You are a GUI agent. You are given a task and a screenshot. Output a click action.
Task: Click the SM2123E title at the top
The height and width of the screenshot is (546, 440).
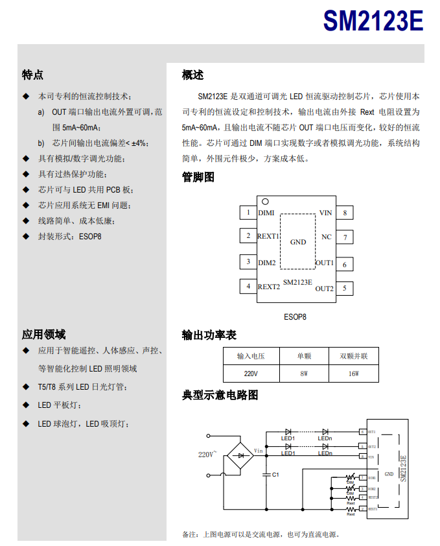373,22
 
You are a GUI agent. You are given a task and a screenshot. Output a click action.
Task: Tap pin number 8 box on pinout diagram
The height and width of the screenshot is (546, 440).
345,212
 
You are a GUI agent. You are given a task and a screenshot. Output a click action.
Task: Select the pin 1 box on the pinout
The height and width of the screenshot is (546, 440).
248,212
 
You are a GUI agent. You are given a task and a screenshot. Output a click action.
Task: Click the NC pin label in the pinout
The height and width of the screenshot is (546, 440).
326,237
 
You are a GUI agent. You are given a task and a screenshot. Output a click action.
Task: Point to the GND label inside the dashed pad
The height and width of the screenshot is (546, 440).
298,242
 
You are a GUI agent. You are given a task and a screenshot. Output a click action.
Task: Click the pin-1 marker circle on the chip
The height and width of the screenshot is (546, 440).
265,202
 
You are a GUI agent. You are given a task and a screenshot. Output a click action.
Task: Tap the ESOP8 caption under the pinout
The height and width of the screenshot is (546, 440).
295,317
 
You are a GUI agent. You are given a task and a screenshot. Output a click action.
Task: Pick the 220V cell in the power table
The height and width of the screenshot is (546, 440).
251,374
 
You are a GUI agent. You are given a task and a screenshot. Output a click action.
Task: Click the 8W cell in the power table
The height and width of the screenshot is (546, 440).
304,374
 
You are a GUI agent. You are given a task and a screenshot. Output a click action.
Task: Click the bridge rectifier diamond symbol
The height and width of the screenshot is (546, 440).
242,455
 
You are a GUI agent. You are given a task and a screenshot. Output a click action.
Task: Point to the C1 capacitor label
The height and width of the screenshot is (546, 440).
275,475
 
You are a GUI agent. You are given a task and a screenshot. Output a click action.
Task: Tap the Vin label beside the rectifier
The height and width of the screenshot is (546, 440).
258,450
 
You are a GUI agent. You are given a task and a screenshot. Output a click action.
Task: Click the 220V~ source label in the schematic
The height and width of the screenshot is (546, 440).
207,455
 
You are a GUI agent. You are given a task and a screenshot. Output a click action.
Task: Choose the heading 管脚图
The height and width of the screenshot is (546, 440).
198,177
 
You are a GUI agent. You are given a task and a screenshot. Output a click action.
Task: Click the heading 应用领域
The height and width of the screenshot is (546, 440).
43,335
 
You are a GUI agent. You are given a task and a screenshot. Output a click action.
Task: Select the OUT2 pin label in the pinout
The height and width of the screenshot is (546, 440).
324,289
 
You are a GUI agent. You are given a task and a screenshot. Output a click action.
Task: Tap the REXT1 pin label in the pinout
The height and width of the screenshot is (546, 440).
268,237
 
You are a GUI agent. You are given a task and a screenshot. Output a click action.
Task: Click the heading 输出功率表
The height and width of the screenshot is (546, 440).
209,335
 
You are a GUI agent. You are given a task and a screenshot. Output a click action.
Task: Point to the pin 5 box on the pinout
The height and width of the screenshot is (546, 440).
345,288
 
